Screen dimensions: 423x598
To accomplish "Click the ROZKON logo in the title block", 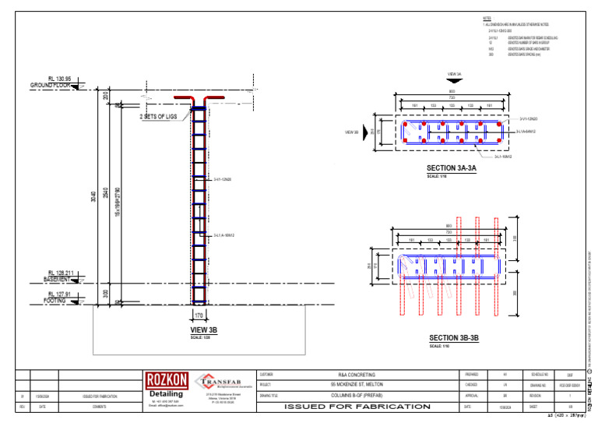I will click(166, 380).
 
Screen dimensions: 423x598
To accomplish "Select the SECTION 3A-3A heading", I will click(451, 168).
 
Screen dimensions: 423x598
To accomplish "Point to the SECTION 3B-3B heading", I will click(454, 338).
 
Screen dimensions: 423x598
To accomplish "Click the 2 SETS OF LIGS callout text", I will click(158, 117).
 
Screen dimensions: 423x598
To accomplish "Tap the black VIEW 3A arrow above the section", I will click(455, 82).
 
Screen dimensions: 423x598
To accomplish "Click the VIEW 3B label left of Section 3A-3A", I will click(351, 132).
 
